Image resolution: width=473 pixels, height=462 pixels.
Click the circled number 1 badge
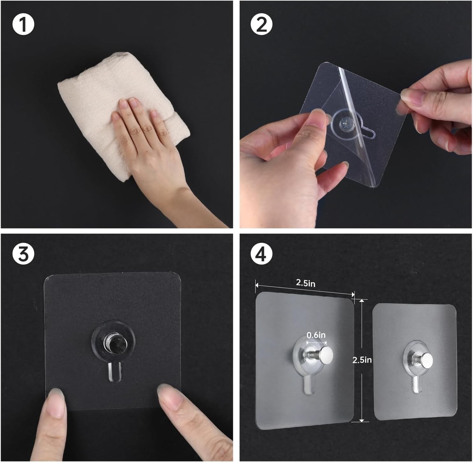[x=23, y=25]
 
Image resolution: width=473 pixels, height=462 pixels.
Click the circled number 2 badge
[x=261, y=25]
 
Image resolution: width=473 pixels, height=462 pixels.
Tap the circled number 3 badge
[x=23, y=254]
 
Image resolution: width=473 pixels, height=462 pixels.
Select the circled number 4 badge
[x=261, y=254]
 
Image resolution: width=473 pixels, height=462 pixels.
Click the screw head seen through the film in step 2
[x=345, y=124]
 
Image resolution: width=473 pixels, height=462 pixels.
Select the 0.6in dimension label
[x=316, y=335]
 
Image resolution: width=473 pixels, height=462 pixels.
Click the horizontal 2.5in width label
[x=306, y=283]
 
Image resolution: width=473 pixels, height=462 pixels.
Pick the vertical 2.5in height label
[x=362, y=360]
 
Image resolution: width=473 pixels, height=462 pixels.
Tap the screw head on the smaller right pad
[x=426, y=360]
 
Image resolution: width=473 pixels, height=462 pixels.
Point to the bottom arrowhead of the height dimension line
[x=362, y=420]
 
